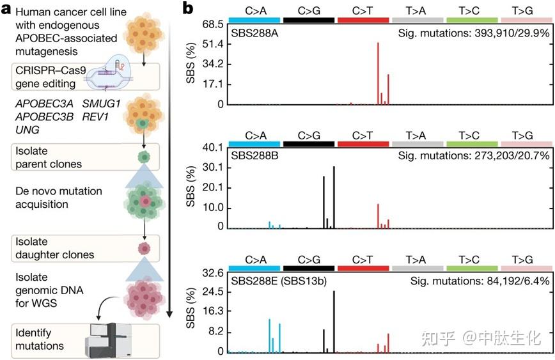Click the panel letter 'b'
click(189, 9)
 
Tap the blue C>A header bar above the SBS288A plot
click(254, 20)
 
